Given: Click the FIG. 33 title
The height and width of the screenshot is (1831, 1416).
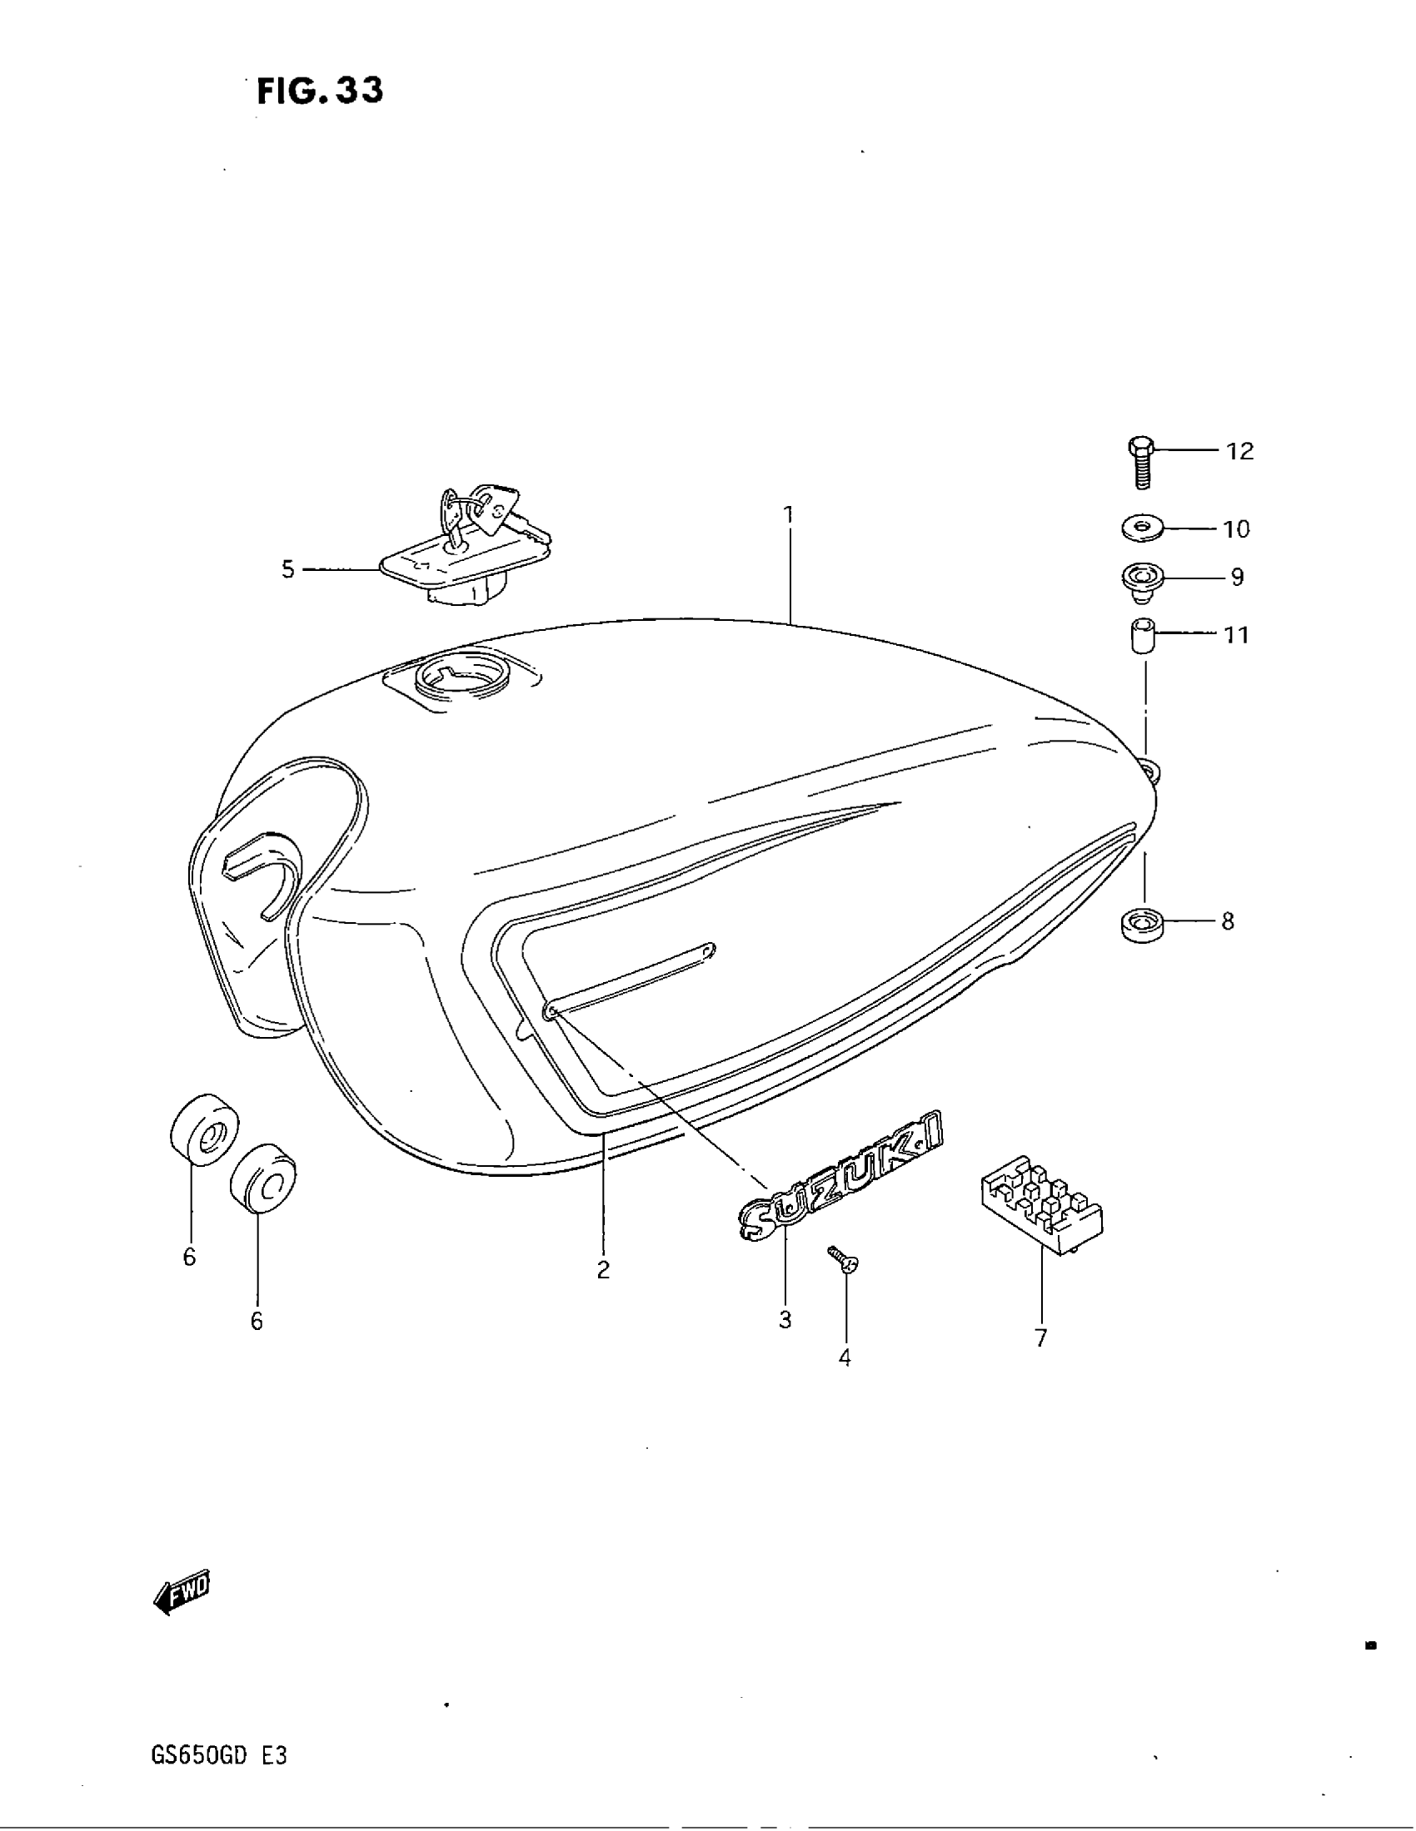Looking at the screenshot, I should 320,91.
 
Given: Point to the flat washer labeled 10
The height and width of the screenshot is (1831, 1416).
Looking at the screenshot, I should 1144,529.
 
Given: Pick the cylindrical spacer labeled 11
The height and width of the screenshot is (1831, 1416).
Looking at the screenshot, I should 1141,636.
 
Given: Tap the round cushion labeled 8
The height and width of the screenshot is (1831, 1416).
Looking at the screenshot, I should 1143,924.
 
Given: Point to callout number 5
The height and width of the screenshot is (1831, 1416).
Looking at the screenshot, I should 287,570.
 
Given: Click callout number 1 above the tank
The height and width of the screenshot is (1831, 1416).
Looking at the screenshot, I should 788,513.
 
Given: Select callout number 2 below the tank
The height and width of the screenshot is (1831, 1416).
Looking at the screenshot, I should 603,1270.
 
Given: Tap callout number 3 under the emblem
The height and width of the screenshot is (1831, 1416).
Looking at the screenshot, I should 785,1320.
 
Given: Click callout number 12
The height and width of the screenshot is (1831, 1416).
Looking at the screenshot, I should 1240,451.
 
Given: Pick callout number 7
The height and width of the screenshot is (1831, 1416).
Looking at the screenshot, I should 1041,1339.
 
